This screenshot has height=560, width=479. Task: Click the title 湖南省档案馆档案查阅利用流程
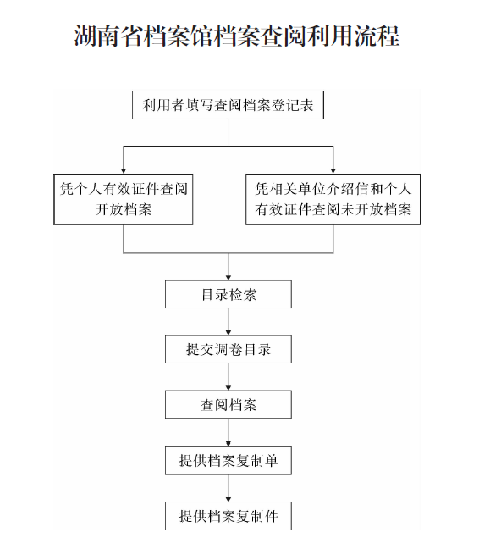(x=237, y=36)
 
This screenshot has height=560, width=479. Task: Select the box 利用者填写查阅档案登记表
(x=228, y=105)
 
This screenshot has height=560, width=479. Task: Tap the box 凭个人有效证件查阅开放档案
(x=124, y=199)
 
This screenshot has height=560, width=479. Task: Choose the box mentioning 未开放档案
(x=333, y=199)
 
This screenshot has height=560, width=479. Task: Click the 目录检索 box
(x=228, y=294)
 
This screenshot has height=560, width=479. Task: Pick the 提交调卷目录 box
(x=228, y=349)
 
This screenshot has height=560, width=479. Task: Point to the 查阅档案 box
(x=228, y=405)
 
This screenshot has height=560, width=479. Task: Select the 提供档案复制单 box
(x=228, y=461)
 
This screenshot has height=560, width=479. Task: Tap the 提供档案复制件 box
(x=228, y=516)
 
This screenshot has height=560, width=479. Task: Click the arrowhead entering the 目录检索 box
(x=228, y=278)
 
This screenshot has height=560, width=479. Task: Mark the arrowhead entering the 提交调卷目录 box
(x=228, y=332)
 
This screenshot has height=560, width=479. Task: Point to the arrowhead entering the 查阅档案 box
(x=228, y=388)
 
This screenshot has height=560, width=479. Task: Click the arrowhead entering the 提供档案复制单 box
(x=228, y=444)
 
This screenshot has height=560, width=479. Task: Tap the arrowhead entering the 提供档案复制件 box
(x=228, y=499)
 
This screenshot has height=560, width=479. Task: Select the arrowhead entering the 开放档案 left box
(x=124, y=171)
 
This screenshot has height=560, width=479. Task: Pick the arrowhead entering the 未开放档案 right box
(x=333, y=171)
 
